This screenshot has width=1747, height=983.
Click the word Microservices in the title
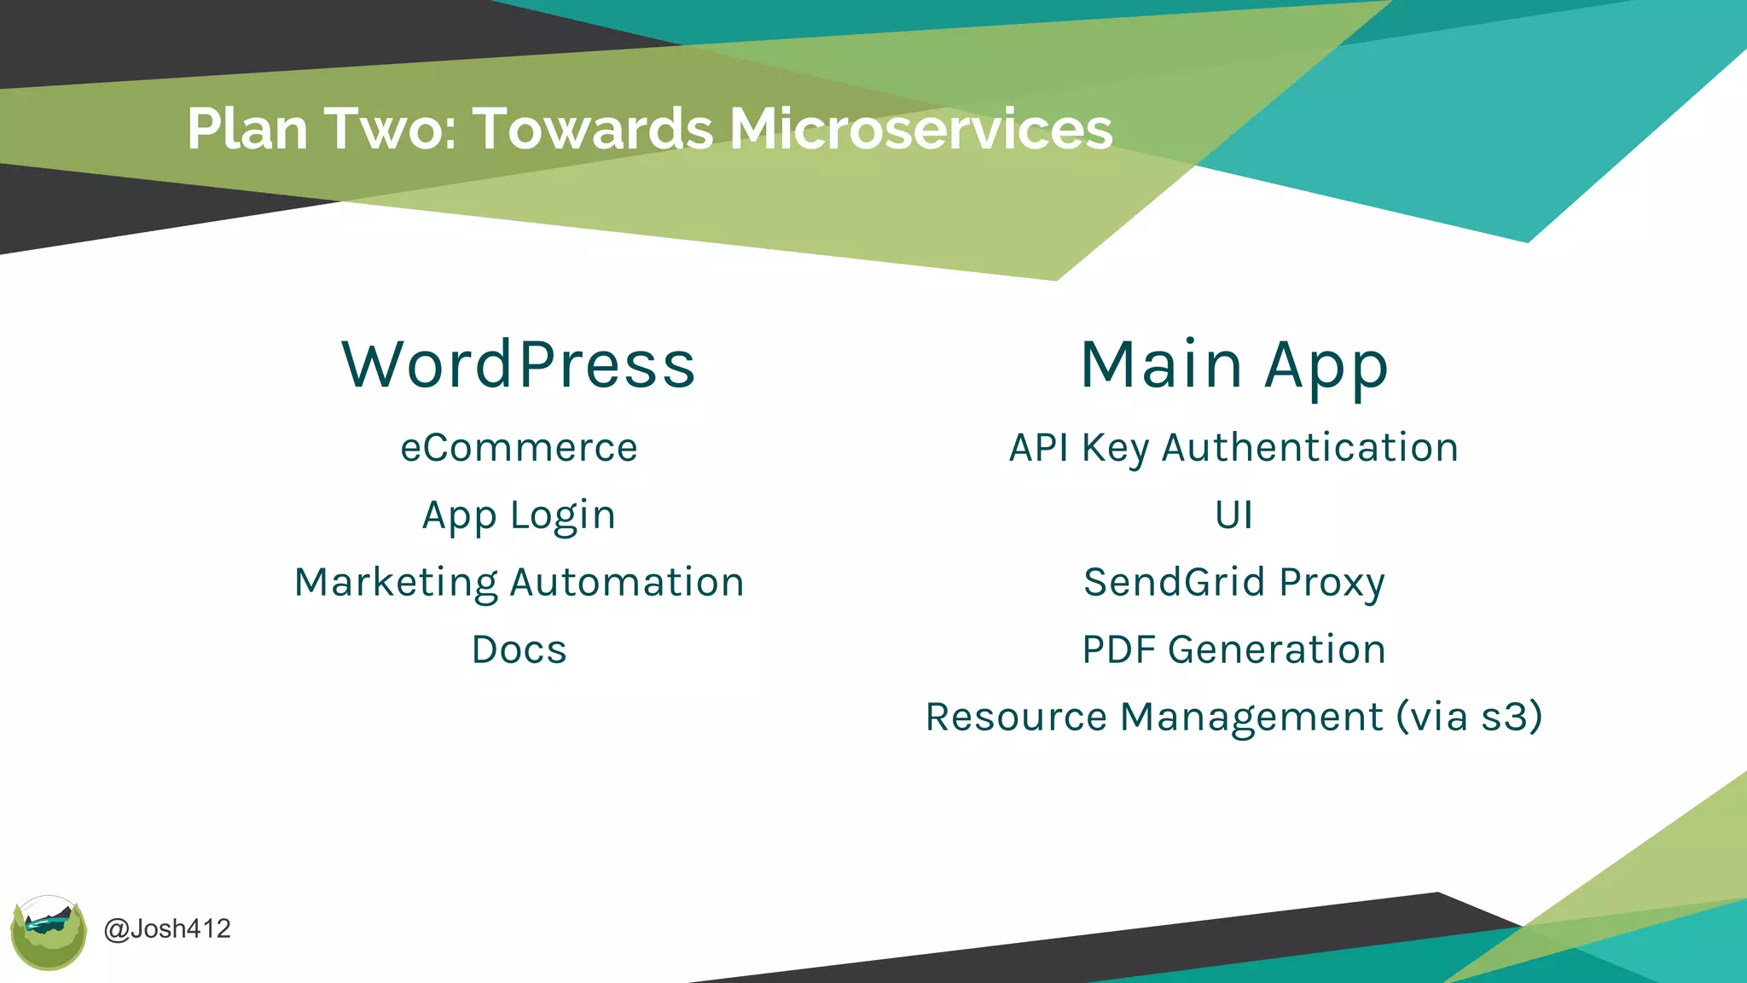click(x=920, y=130)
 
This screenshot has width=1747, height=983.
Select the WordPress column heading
click(x=519, y=365)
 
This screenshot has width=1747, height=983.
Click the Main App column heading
click(x=1234, y=365)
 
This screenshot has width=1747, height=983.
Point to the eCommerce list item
click(x=519, y=448)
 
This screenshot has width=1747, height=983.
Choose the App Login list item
click(x=519, y=515)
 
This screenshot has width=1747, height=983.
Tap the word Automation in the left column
click(x=627, y=583)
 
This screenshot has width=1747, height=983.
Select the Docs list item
click(x=519, y=650)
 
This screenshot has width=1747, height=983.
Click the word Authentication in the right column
click(x=1310, y=448)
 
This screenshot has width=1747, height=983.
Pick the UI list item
click(x=1234, y=515)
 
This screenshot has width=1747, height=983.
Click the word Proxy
click(x=1332, y=583)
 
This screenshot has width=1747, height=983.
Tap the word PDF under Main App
click(x=1118, y=650)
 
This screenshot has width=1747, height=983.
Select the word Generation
click(x=1276, y=650)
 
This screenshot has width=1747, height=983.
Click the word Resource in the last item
click(x=1016, y=717)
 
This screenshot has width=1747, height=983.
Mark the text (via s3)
click(x=1469, y=717)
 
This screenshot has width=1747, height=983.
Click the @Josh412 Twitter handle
click(x=167, y=928)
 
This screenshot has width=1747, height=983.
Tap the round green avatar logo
click(x=49, y=933)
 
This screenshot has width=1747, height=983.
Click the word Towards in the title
click(x=593, y=130)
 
